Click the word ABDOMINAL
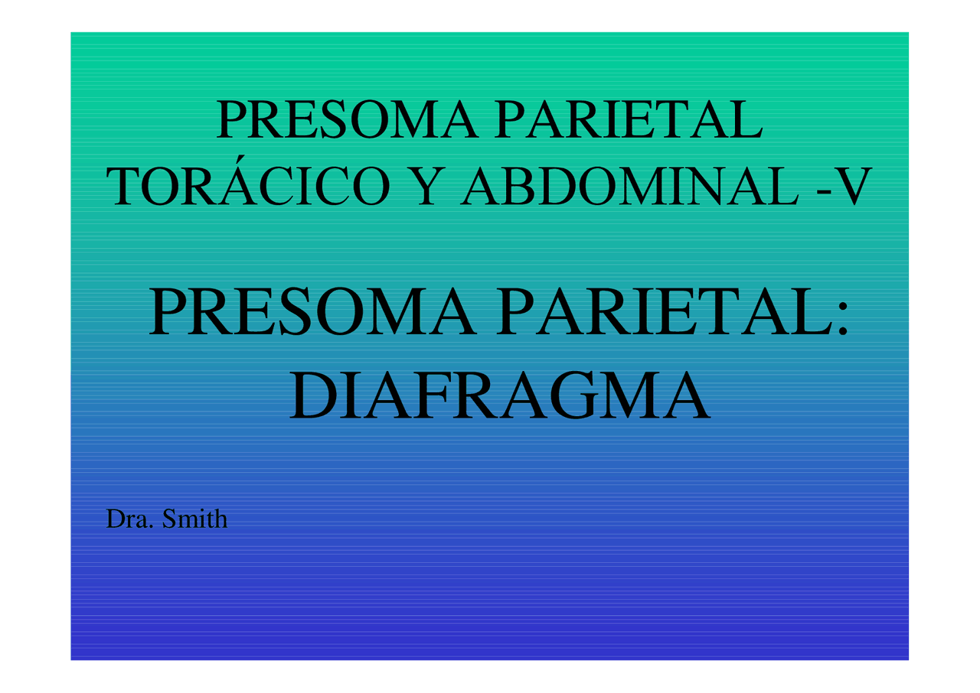[x=630, y=187]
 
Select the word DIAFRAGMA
[x=499, y=396]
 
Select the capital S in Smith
[x=170, y=520]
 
